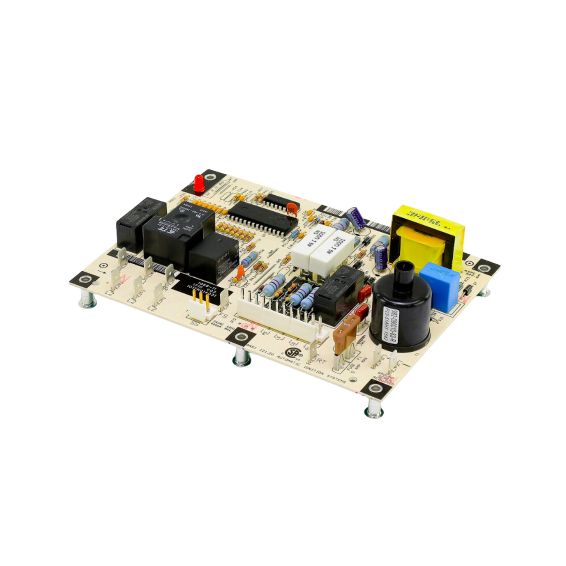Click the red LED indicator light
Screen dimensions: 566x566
[x=199, y=182]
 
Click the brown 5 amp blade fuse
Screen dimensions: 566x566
[x=343, y=333]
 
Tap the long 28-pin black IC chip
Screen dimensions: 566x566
[x=262, y=220]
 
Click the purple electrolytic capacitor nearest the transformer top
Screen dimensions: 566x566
[x=356, y=218]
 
